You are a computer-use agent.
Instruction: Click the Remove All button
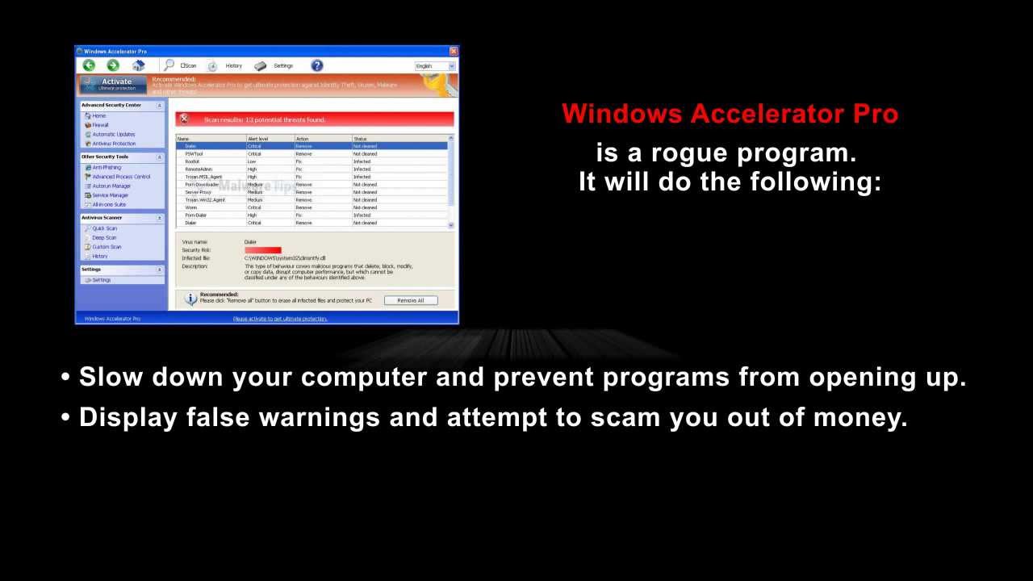[x=411, y=300]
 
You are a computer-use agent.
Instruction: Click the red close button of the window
[x=454, y=52]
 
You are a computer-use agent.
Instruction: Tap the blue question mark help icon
[x=317, y=65]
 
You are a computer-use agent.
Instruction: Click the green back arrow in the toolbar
[x=90, y=65]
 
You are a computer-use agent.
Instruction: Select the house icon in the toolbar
[x=138, y=65]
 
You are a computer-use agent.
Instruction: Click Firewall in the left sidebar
[x=100, y=125]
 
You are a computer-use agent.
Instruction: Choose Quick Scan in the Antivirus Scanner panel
[x=104, y=228]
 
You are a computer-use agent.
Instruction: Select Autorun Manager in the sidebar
[x=111, y=186]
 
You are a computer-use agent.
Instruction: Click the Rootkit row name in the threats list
[x=192, y=161]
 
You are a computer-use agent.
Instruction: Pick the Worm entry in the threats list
[x=190, y=207]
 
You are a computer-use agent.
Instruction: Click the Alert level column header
[x=258, y=139]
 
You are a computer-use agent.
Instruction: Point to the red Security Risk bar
[x=263, y=250]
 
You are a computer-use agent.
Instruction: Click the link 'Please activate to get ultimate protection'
[x=280, y=319]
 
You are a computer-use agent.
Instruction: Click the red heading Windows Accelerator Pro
[x=730, y=114]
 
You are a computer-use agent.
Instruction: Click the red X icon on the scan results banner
[x=184, y=119]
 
